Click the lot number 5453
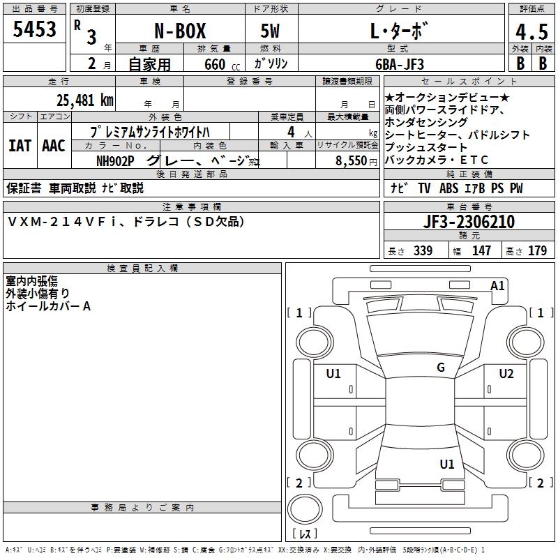click(x=34, y=29)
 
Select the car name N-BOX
click(x=180, y=31)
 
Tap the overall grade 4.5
click(x=531, y=32)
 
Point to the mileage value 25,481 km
click(x=84, y=100)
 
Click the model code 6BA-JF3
click(x=400, y=64)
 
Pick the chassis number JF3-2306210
click(x=469, y=222)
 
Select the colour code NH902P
click(x=115, y=161)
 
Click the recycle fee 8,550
click(x=351, y=161)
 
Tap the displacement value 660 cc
click(x=222, y=64)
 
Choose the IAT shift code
click(x=20, y=146)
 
